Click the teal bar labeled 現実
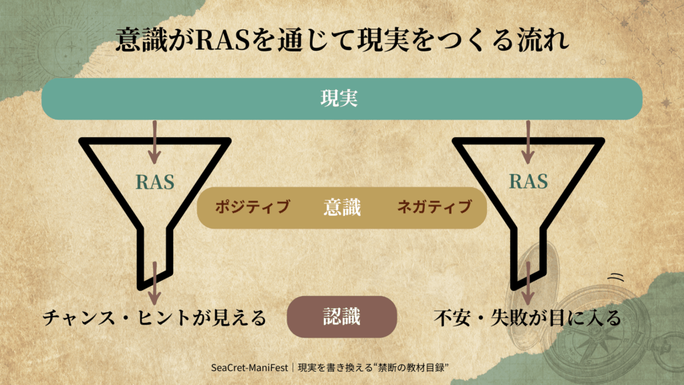tap(342, 99)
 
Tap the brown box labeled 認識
tap(342, 317)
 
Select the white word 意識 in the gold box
tap(342, 207)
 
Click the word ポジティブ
tap(252, 207)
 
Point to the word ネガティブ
tap(434, 207)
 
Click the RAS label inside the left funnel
tap(155, 182)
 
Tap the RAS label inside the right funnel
tap(528, 181)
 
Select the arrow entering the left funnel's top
tap(154, 142)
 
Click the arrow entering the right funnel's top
tap(528, 142)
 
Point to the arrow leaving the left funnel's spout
tap(154, 283)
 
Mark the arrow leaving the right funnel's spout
tap(528, 283)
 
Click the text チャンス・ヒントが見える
tap(154, 317)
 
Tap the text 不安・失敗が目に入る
tap(528, 317)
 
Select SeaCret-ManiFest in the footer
tap(250, 368)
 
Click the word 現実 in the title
tap(383, 40)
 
